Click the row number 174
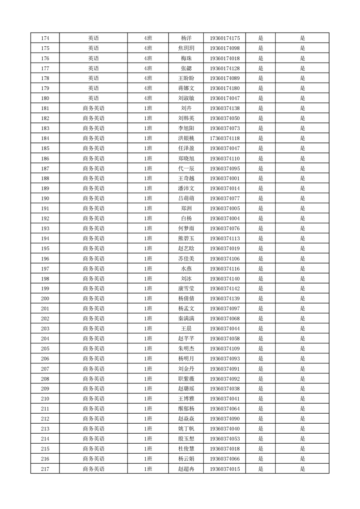(45, 38)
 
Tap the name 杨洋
(186, 38)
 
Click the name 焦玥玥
(186, 48)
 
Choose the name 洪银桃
(186, 138)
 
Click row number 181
(45, 108)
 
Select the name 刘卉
(186, 108)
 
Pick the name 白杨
(186, 219)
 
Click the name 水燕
(186, 269)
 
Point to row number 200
(45, 299)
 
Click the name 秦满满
(186, 318)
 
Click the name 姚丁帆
(186, 429)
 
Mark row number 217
(45, 469)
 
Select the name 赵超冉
(186, 469)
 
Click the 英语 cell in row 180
(94, 98)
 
